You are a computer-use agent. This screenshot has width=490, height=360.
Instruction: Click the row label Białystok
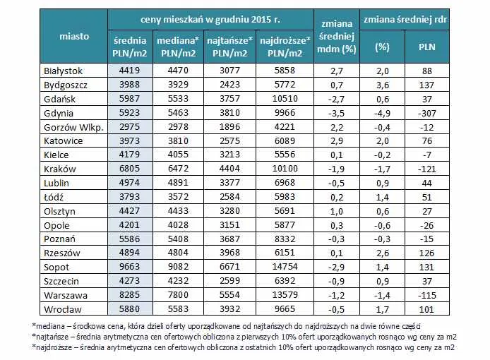64,71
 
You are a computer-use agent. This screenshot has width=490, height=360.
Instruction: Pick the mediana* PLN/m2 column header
177,47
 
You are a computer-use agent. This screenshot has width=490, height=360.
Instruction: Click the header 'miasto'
74,36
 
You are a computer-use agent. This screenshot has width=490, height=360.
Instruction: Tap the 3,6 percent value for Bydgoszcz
381,84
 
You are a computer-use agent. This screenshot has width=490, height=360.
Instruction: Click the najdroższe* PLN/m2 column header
281,47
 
